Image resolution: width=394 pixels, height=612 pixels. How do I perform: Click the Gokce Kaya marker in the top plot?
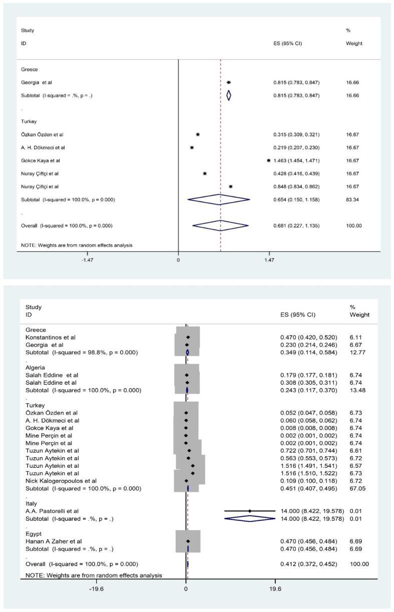point(269,160)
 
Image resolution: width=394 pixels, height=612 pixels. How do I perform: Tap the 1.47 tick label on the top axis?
point(269,260)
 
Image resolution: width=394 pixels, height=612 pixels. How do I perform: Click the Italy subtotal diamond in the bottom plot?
point(250,519)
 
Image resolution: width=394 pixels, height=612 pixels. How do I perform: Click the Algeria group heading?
point(36,367)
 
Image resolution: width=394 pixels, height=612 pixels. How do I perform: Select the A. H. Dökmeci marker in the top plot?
point(192,147)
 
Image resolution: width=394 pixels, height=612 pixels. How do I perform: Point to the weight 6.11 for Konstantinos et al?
point(355,338)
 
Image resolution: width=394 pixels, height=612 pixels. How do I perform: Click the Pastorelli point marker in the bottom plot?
point(250,511)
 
